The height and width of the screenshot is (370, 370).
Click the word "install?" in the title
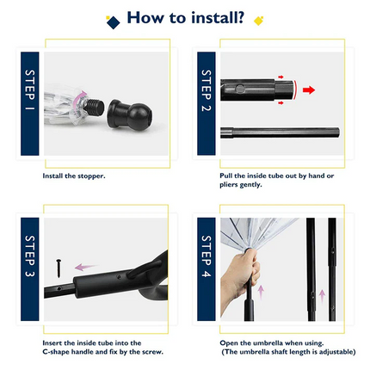pos(218,18)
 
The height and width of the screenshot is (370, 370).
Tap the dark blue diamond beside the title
pos(113,22)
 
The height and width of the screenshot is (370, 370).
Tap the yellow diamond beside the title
pos(258,21)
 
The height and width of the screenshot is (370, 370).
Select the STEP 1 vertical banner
pos(30,104)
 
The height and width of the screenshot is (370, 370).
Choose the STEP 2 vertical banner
pos(207,103)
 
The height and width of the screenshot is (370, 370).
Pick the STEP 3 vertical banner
pos(30,269)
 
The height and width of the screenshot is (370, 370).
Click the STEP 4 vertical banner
pos(207,269)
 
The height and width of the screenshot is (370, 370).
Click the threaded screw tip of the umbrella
pos(94,108)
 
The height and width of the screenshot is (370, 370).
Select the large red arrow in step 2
pos(309,89)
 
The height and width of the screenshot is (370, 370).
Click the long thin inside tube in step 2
pos(280,133)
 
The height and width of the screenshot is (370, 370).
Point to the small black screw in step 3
pos(59,268)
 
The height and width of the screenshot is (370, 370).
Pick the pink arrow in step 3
pos(85,267)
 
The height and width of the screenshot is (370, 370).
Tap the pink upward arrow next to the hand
pos(261,293)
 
